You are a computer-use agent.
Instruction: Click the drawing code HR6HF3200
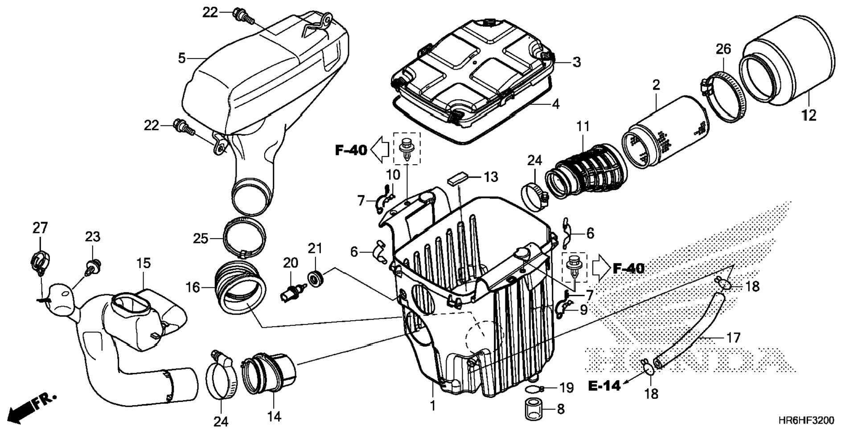coord(806,420)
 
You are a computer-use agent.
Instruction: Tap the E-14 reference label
coord(604,386)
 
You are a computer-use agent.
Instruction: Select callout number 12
coord(809,116)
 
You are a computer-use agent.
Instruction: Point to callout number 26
coord(723,49)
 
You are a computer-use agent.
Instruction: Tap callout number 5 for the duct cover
coord(181,58)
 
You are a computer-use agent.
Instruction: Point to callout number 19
coord(566,388)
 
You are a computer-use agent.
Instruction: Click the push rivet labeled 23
coord(93,267)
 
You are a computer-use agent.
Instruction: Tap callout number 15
coord(144,263)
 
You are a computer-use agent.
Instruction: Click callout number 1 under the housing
coord(432,406)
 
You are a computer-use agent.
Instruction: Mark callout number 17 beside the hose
coord(733,338)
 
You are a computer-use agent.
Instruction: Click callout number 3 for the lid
coord(576,62)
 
